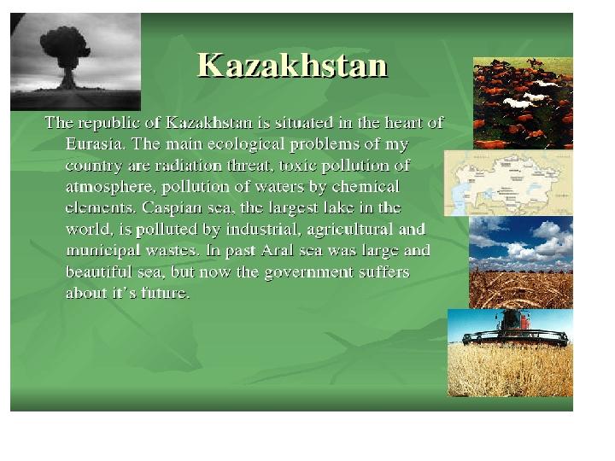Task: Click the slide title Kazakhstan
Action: coord(292,65)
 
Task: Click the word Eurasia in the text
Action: coord(95,144)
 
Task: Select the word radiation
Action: coord(189,166)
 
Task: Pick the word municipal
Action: coord(103,251)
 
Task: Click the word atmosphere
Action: coord(111,187)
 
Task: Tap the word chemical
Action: coord(366,187)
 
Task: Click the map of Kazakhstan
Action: coord(509,183)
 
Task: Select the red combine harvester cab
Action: coord(512,320)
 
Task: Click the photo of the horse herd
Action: coord(523,103)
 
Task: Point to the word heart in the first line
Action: coord(403,123)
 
